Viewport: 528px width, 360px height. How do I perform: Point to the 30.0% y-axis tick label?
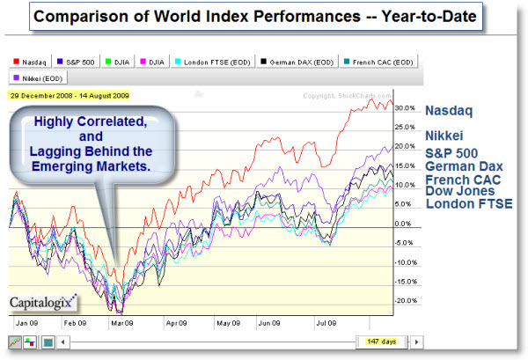click(x=406, y=107)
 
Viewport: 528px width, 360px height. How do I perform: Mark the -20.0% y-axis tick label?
click(x=404, y=301)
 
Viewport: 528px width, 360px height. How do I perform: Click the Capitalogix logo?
click(x=42, y=304)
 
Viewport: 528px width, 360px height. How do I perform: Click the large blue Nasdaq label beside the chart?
click(x=451, y=112)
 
